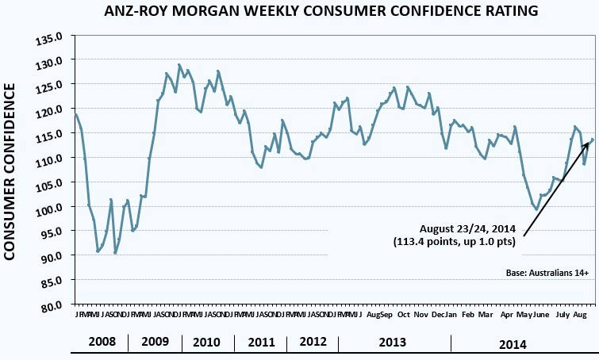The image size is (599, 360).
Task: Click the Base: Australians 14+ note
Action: [547, 273]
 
